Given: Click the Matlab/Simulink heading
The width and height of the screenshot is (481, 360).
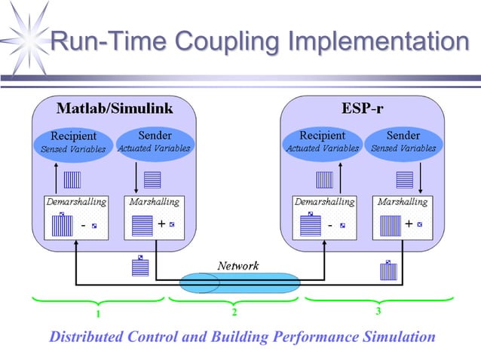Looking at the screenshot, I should point(114,108).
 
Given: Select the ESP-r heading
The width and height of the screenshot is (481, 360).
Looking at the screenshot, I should point(361,108).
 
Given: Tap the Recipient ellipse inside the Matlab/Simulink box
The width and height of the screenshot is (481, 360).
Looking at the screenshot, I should point(72,142).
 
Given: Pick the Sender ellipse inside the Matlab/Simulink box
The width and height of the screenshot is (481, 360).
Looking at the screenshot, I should point(155,142).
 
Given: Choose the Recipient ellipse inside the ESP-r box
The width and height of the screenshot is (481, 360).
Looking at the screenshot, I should point(322,142).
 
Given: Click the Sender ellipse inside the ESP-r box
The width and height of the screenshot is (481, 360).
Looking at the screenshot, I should point(403,142).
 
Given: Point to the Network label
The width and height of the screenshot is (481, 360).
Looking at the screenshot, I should point(237,266).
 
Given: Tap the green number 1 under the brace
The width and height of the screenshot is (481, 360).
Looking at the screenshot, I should point(97,313).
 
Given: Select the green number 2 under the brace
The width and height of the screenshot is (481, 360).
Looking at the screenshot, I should point(234,312).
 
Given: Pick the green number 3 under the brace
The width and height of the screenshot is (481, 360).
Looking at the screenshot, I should point(377,310).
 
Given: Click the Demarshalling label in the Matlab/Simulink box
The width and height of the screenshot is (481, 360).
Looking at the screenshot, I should point(76,202).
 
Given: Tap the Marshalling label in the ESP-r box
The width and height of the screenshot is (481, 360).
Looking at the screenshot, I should point(404,202).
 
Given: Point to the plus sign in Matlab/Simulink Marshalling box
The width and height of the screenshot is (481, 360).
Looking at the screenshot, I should point(161,224).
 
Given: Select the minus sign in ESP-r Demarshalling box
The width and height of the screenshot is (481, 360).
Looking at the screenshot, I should point(331,224).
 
